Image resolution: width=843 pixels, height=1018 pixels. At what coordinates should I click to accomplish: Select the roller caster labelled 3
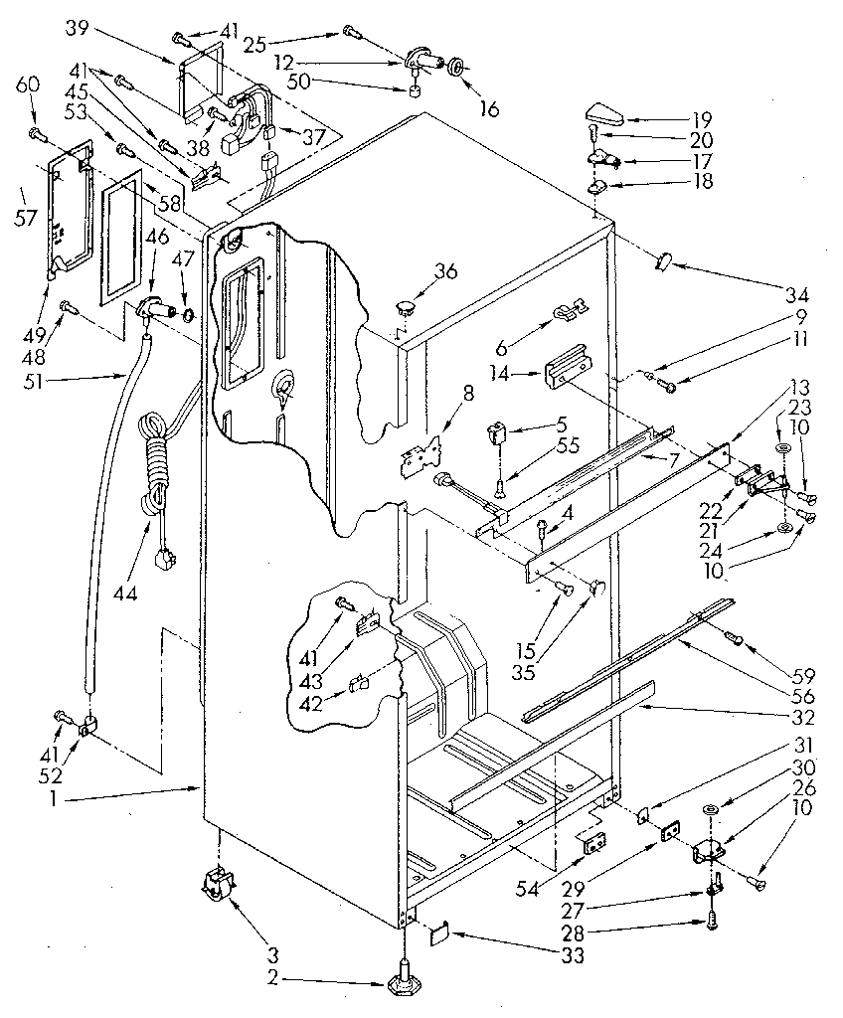click(218, 883)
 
